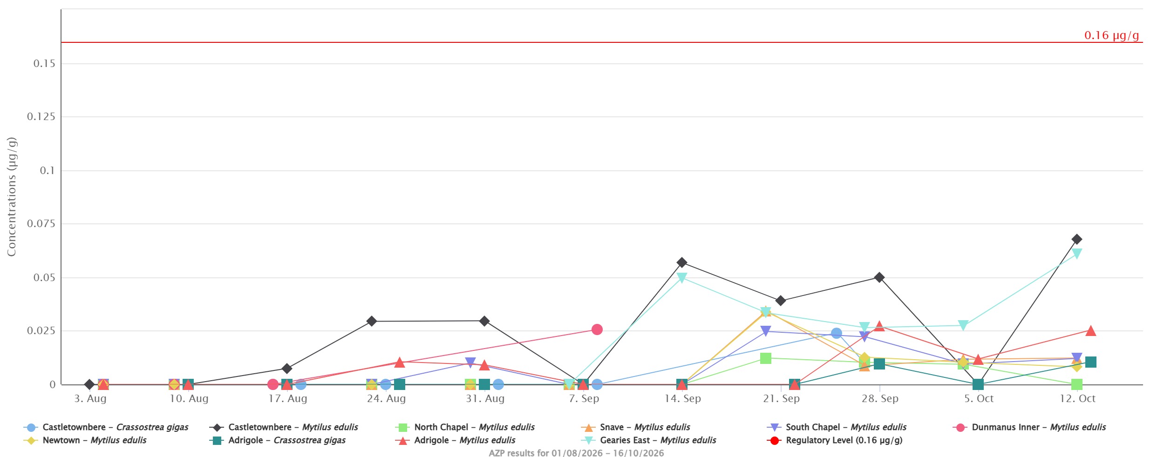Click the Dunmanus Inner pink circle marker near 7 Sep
[597, 329]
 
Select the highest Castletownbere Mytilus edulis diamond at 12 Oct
[1076, 239]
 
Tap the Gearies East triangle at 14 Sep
[681, 278]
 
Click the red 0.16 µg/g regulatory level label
[1111, 35]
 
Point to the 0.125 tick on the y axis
[41, 117]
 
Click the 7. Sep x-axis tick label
[584, 399]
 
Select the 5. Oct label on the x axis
[979, 399]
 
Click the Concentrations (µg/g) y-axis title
[12, 196]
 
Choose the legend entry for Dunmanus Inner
[1029, 427]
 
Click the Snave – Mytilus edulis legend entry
[636, 427]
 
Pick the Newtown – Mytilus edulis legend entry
[85, 440]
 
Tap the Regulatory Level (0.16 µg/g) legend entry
[835, 440]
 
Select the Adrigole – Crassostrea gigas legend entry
[278, 440]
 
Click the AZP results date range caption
[576, 453]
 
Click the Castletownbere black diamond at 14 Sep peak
[681, 262]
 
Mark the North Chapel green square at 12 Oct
[1076, 384]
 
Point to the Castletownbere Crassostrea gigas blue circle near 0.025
[836, 333]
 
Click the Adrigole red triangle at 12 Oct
[1090, 331]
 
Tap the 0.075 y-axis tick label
[41, 224]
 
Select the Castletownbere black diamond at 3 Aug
[89, 384]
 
